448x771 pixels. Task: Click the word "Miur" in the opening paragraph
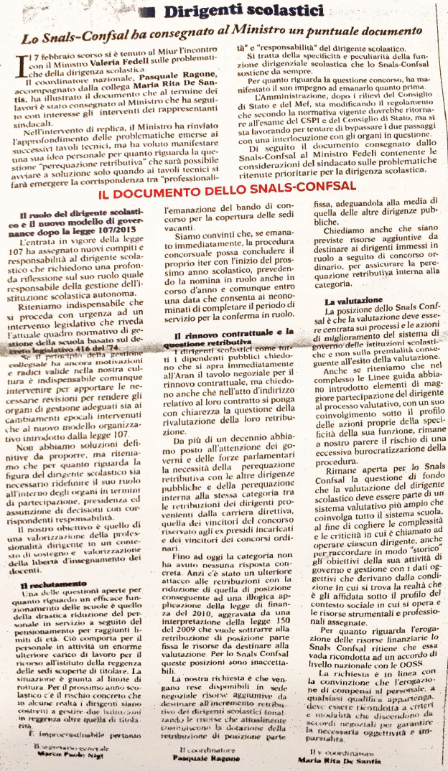(x=193, y=56)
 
